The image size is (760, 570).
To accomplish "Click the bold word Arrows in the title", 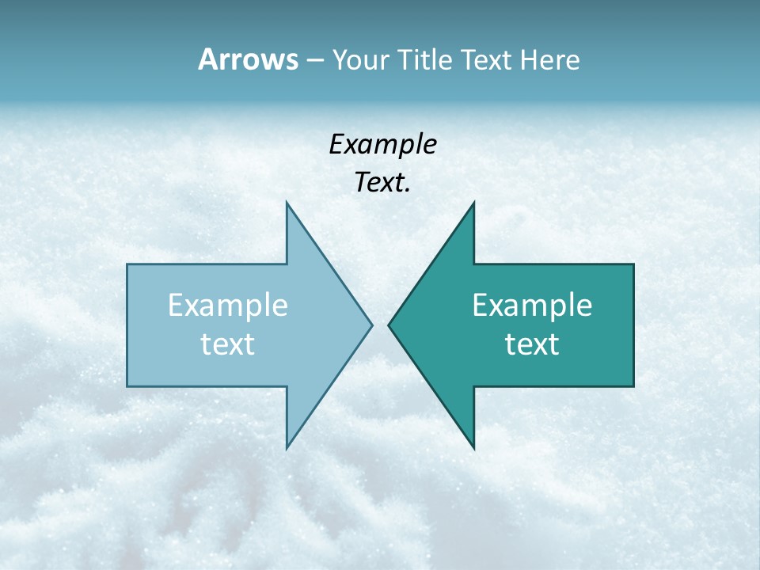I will click(x=248, y=59).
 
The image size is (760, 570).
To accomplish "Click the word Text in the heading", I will click(x=487, y=59).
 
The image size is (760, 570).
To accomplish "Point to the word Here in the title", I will click(x=550, y=59).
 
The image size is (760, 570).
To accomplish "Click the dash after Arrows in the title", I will click(x=314, y=61).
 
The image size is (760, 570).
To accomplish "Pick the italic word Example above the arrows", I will click(x=382, y=145).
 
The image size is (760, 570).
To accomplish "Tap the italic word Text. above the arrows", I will click(x=382, y=183).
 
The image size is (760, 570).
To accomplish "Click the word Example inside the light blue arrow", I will click(x=228, y=305).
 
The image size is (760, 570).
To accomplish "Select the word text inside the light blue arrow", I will click(x=228, y=344).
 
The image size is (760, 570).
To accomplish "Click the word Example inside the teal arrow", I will click(x=532, y=305).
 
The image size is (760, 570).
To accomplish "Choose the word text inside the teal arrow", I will click(x=532, y=344).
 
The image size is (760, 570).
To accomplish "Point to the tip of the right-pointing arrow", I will click(x=371, y=324).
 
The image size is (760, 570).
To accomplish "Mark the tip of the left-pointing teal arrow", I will click(x=389, y=324).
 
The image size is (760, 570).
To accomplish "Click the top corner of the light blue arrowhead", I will click(x=287, y=203).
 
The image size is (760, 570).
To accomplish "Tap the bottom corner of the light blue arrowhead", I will click(x=287, y=448).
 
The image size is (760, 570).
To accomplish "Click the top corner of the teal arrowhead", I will click(x=473, y=203).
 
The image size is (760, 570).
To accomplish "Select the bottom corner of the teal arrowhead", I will click(x=473, y=448).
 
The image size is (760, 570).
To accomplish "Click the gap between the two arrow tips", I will click(x=380, y=324).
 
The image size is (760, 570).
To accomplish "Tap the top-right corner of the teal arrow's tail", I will click(x=633, y=264).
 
